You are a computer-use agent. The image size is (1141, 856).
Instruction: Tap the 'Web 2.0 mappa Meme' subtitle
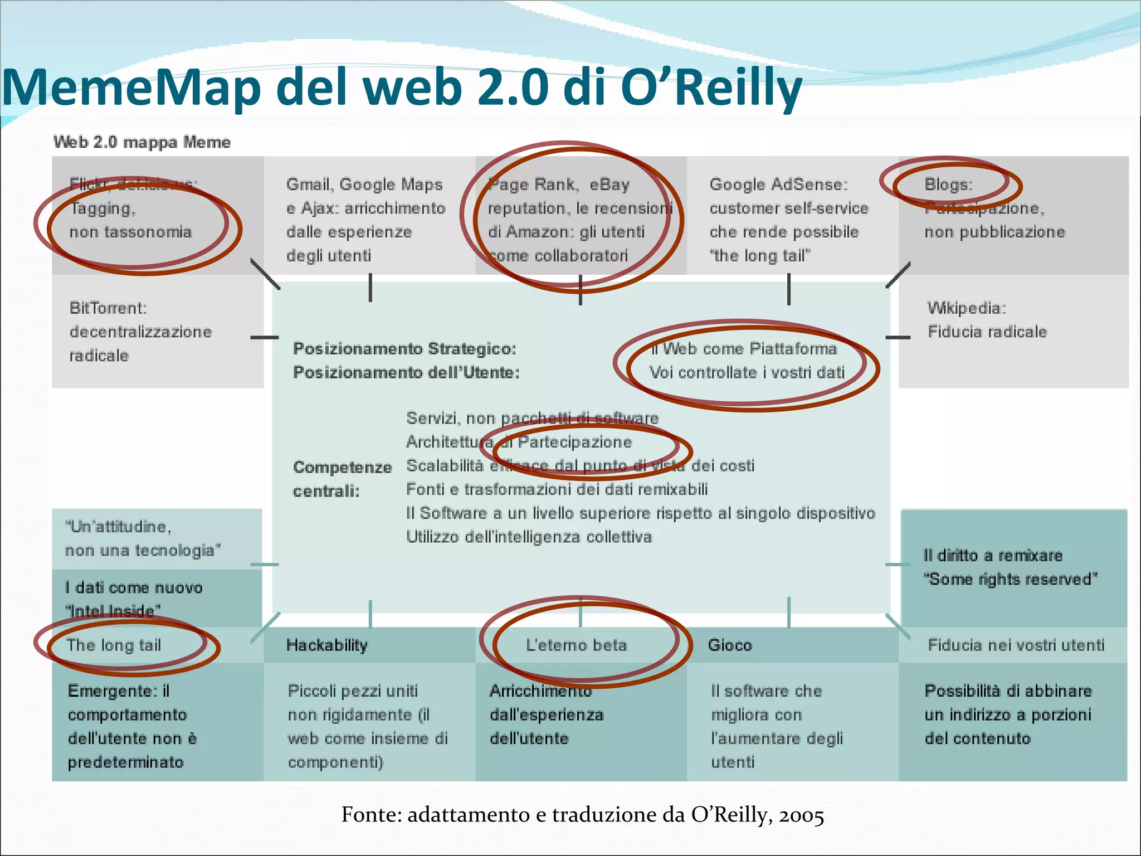click(142, 142)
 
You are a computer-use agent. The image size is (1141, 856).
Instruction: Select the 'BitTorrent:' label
click(108, 308)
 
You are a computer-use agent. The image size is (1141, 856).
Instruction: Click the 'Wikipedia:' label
click(967, 308)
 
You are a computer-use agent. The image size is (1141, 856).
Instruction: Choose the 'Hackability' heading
click(327, 645)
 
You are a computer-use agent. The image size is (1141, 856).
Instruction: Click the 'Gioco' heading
click(730, 645)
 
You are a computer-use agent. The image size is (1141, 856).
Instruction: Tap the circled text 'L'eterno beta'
click(576, 645)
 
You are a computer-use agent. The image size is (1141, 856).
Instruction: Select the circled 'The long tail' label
click(114, 645)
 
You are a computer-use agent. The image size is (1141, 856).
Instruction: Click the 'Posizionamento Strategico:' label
click(404, 348)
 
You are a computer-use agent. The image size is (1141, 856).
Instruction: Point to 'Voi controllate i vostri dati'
click(747, 372)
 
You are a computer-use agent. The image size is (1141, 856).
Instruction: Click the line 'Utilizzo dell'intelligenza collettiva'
click(529, 537)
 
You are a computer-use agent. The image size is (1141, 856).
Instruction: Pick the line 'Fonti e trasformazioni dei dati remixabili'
click(557, 489)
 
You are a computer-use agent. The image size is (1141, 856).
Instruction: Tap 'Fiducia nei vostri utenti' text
click(1016, 645)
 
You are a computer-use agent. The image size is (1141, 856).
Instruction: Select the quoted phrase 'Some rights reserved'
click(1010, 579)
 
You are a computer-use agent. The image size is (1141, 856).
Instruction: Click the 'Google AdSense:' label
click(778, 184)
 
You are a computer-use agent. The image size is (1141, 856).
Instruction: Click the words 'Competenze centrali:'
click(342, 479)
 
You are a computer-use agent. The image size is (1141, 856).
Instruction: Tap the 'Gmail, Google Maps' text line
click(364, 184)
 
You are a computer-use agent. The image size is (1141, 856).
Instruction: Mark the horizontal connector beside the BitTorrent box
click(264, 337)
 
